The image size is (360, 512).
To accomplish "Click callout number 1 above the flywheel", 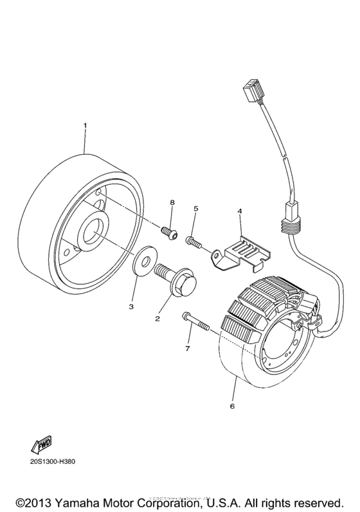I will click(84, 123).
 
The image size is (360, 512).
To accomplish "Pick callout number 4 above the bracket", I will click(239, 211).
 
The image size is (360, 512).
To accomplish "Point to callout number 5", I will click(196, 209).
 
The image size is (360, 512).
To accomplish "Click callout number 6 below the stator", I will click(232, 406).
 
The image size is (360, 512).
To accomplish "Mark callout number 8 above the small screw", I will click(172, 202).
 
